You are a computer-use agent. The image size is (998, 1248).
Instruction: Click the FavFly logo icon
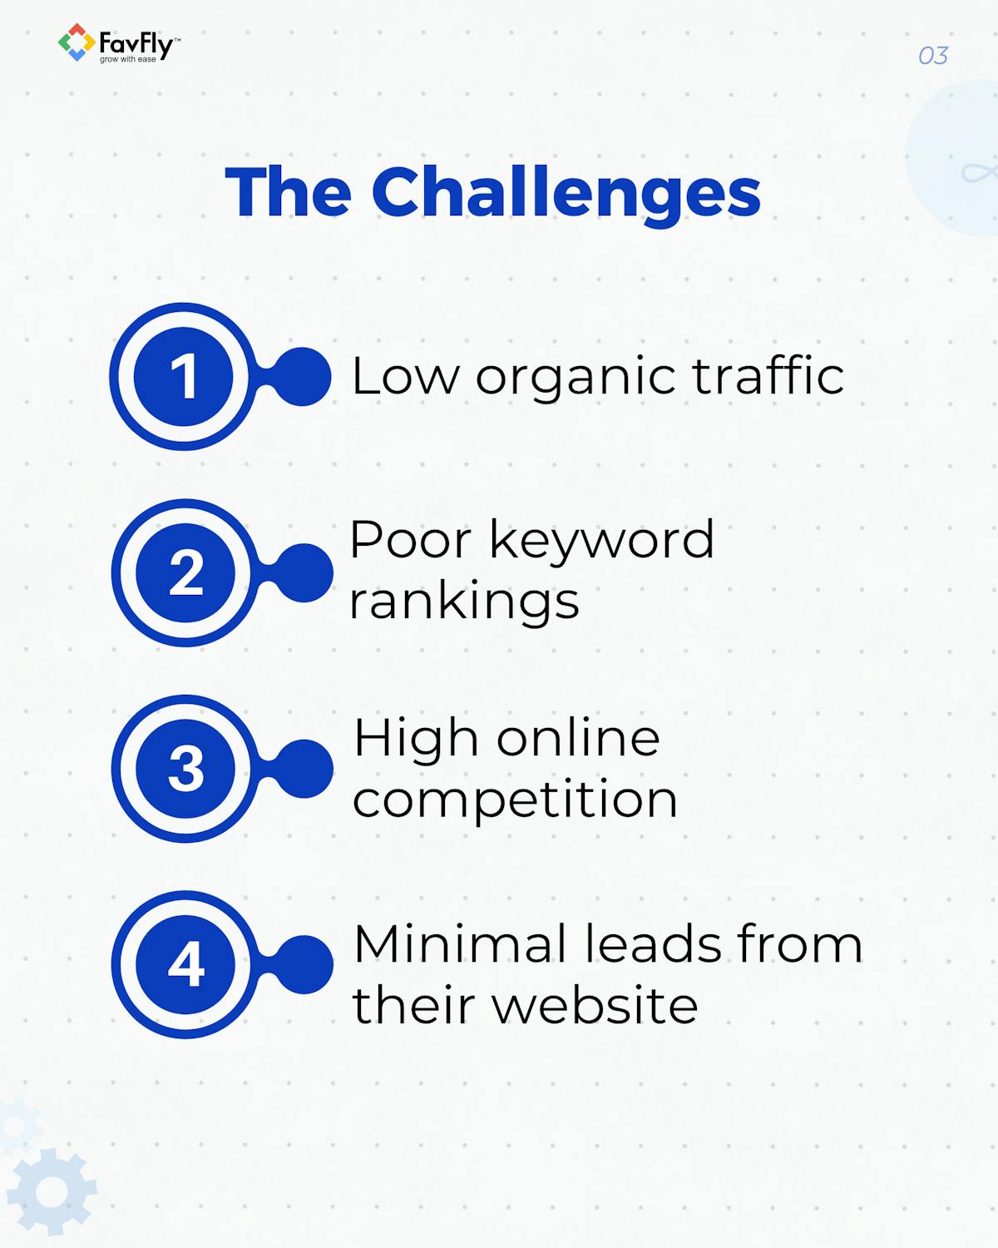pos(76,42)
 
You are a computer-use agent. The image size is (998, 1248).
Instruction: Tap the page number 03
pos(933,56)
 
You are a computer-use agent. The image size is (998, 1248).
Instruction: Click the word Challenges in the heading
pos(566,193)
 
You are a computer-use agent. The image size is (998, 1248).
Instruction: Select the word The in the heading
pos(289,193)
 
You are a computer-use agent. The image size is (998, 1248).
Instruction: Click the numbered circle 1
pos(184,376)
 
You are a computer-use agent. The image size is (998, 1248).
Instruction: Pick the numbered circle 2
pos(186,572)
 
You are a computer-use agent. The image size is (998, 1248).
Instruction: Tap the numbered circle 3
pos(186,768)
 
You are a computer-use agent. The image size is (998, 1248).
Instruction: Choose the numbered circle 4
pos(186,964)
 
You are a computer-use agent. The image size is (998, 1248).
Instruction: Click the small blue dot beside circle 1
pos(301,377)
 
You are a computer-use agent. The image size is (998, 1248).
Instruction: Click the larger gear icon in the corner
pos(52,1192)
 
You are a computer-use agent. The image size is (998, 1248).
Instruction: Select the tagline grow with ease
pos(128,60)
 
